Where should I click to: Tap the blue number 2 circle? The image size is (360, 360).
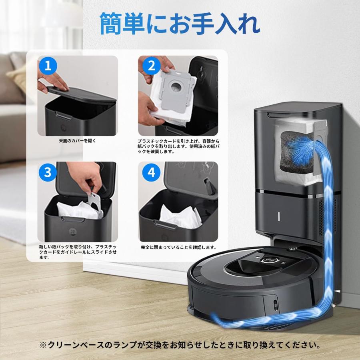tap(151, 66)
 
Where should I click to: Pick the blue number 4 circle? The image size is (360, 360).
tap(151, 172)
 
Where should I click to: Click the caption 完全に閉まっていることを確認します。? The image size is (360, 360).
tap(179, 247)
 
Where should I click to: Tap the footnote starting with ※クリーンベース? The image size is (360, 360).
tap(180, 344)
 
